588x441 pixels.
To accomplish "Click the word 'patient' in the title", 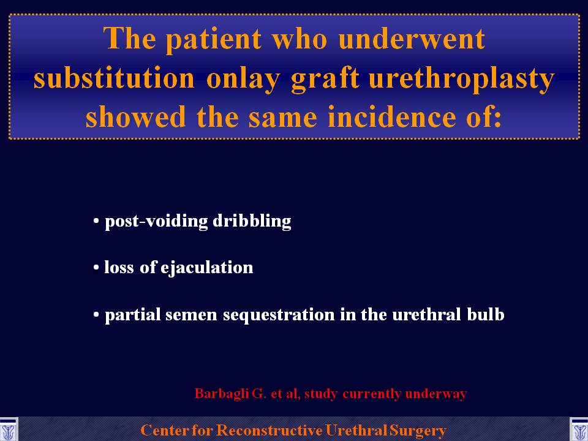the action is pos(214,40).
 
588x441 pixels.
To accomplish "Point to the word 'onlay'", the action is pos(243,79).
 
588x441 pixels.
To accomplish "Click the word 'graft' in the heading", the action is pos(325,79).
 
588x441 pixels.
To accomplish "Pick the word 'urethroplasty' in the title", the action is pos(462,79).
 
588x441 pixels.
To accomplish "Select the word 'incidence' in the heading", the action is pos(391,116).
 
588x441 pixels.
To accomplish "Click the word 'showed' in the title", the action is pos(136,116).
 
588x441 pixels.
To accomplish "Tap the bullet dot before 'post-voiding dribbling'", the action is pos(96,221).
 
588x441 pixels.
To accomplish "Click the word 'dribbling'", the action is pos(252,221).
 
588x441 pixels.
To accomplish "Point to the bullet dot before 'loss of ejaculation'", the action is pos(96,268).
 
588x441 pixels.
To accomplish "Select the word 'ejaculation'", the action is pos(206,268).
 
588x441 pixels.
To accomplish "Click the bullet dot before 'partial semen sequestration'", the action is pos(96,315).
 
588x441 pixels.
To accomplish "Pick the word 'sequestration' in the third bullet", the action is pos(279,315).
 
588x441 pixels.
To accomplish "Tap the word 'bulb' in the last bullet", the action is pos(486,314).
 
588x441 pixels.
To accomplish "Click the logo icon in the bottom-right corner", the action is pos(579,430).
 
